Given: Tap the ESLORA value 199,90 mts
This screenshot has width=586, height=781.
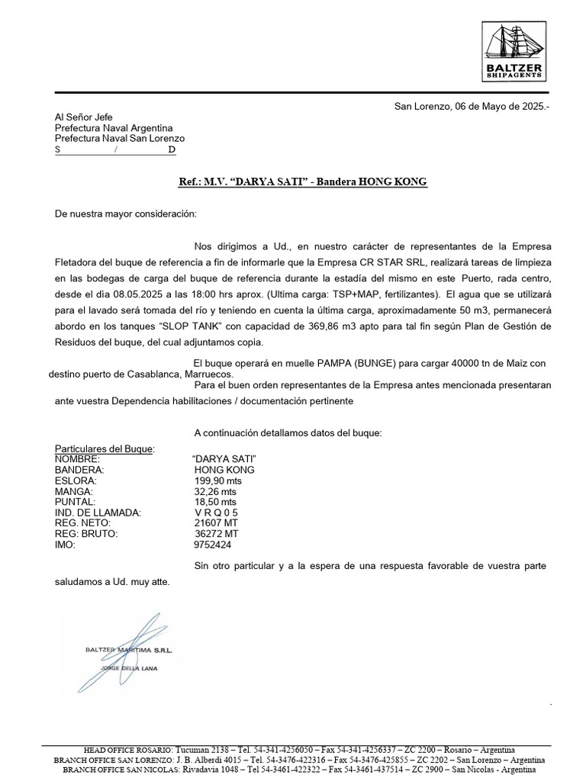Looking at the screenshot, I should click(217, 481).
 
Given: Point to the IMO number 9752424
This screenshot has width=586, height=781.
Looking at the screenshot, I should click(213, 545).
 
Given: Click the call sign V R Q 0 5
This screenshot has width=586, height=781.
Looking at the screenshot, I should click(216, 513).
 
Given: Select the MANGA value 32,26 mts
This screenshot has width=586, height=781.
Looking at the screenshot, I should click(215, 492).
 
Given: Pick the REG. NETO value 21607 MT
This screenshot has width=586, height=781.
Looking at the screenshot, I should click(217, 524).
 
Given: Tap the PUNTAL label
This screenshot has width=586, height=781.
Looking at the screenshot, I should click(75, 503).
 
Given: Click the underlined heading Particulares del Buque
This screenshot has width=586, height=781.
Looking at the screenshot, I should click(105, 448).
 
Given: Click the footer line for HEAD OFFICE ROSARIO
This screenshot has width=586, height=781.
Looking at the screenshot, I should click(298, 750).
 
